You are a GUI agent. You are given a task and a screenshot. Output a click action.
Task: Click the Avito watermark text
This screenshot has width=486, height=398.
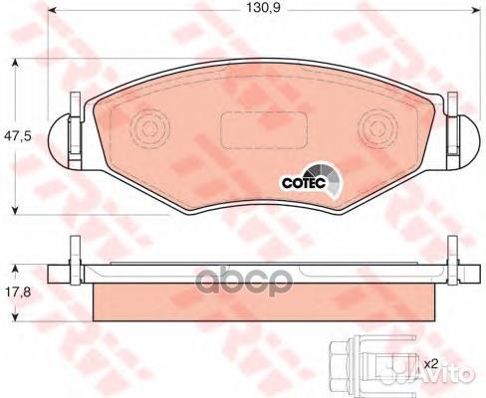(x=452, y=379)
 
